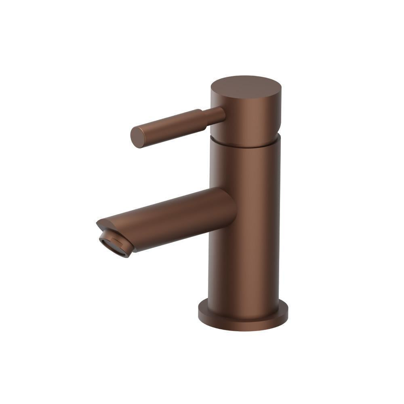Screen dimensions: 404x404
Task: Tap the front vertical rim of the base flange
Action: [x=242, y=325]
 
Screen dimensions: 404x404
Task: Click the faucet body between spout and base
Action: [x=244, y=267]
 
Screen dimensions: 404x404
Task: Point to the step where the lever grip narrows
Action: [x=202, y=117]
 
